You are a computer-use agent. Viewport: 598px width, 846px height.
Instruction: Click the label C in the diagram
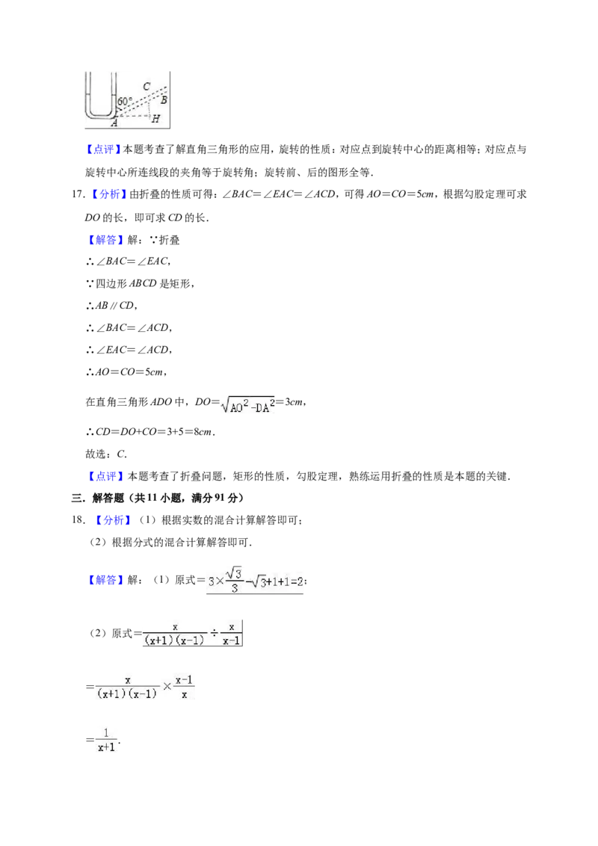(147, 87)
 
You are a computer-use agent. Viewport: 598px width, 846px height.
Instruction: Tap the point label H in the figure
(156, 119)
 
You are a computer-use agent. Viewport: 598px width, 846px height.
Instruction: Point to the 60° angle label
(124, 101)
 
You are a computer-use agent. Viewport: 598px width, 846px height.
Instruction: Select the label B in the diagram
(164, 100)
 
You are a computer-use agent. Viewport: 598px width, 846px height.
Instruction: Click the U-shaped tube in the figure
(100, 114)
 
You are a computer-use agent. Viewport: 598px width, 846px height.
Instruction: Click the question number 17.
(78, 194)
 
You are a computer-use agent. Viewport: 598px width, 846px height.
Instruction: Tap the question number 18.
(78, 519)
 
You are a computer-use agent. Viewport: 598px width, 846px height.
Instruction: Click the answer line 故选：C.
(106, 454)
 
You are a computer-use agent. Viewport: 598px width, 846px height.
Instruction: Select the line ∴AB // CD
(111, 306)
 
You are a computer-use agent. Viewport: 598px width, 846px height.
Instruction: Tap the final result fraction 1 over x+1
(106, 740)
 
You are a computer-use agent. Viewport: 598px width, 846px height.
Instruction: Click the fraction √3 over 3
(234, 580)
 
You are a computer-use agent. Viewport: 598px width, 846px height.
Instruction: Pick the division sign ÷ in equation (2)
(214, 633)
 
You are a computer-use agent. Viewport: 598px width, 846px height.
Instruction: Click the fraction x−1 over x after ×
(184, 687)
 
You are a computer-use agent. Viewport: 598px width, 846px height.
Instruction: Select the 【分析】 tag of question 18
(113, 520)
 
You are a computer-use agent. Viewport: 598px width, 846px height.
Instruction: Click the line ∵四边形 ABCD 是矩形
(140, 283)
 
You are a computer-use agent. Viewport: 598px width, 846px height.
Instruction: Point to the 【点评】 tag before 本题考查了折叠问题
(105, 476)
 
